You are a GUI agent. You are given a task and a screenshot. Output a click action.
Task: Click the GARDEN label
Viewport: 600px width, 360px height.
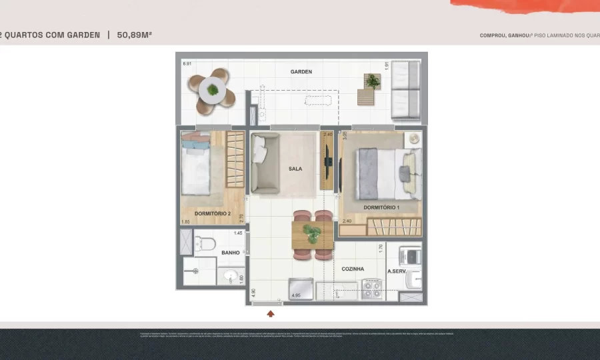tap(301, 71)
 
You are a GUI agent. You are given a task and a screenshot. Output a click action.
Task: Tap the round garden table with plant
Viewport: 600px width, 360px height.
tap(212, 89)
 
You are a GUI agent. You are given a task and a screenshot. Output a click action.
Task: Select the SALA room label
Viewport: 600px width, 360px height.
tap(295, 169)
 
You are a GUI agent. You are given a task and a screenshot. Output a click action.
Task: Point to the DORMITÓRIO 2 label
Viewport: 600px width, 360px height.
tap(212, 214)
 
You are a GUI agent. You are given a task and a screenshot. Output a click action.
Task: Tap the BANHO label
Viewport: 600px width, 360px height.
tap(231, 253)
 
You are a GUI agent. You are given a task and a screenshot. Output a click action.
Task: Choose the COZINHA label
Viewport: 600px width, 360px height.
tap(353, 269)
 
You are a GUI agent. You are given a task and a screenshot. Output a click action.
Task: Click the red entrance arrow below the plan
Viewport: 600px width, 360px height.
tap(271, 313)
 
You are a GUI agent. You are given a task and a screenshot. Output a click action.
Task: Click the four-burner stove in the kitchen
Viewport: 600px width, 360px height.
tap(371, 289)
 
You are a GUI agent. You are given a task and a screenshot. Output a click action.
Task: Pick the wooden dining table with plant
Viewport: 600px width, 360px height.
tap(313, 235)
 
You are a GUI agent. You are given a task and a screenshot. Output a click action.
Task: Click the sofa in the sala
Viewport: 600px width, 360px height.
tap(265, 163)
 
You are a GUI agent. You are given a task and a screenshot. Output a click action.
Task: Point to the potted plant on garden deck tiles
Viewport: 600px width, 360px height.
tap(372, 82)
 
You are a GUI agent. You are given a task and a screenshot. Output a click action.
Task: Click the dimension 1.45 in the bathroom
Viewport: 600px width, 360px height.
tap(238, 233)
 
